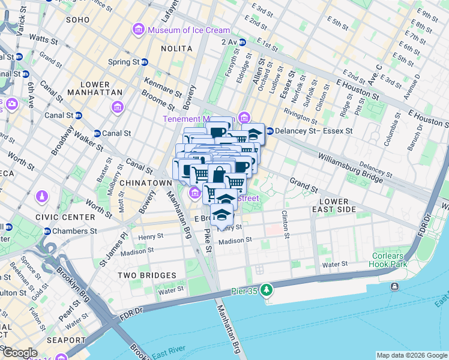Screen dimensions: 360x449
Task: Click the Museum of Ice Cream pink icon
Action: [x=139, y=29]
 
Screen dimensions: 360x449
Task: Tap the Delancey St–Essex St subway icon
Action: [x=270, y=130]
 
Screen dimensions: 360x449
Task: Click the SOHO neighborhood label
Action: [x=77, y=20]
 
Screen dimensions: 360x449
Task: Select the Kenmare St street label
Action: [x=162, y=88]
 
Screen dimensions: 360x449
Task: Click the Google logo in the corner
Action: [x=20, y=353]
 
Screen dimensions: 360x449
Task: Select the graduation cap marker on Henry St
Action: [x=221, y=214]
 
